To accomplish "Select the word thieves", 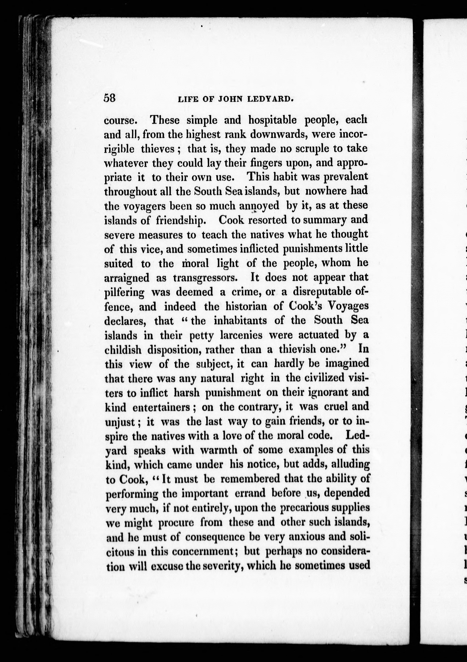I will point(158,149).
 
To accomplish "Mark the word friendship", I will point(181,220).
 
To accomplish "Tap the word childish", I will point(123,350).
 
